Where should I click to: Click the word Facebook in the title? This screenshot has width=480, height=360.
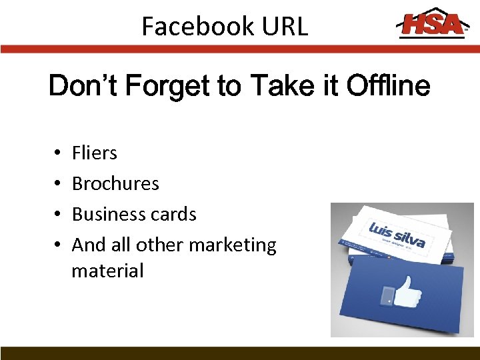click(x=198, y=27)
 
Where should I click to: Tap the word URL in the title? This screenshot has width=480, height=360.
click(x=285, y=27)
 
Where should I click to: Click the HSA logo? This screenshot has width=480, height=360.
click(x=431, y=25)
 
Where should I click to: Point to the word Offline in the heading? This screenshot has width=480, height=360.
click(x=390, y=87)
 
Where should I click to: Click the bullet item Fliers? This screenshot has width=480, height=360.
click(x=94, y=153)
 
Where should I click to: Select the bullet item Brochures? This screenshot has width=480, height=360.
click(x=115, y=184)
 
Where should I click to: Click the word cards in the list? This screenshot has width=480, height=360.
click(x=175, y=215)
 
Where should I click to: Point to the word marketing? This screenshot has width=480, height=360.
click(x=233, y=245)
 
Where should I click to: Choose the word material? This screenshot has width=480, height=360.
click(x=107, y=271)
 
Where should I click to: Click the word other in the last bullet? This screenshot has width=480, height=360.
click(x=160, y=245)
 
